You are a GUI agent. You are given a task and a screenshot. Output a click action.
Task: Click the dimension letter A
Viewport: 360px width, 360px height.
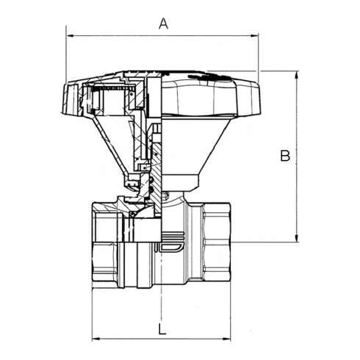[163, 24]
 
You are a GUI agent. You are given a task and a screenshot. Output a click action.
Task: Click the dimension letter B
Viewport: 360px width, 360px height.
[285, 155]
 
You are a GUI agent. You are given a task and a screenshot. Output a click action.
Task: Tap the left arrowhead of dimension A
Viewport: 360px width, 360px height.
[70, 36]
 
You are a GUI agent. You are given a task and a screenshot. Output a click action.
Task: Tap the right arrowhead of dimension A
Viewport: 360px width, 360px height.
[255, 36]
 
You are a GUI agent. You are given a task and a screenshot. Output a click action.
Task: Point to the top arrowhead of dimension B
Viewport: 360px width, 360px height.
[297, 74]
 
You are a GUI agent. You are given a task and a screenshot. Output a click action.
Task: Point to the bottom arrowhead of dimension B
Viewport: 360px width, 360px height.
[297, 239]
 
